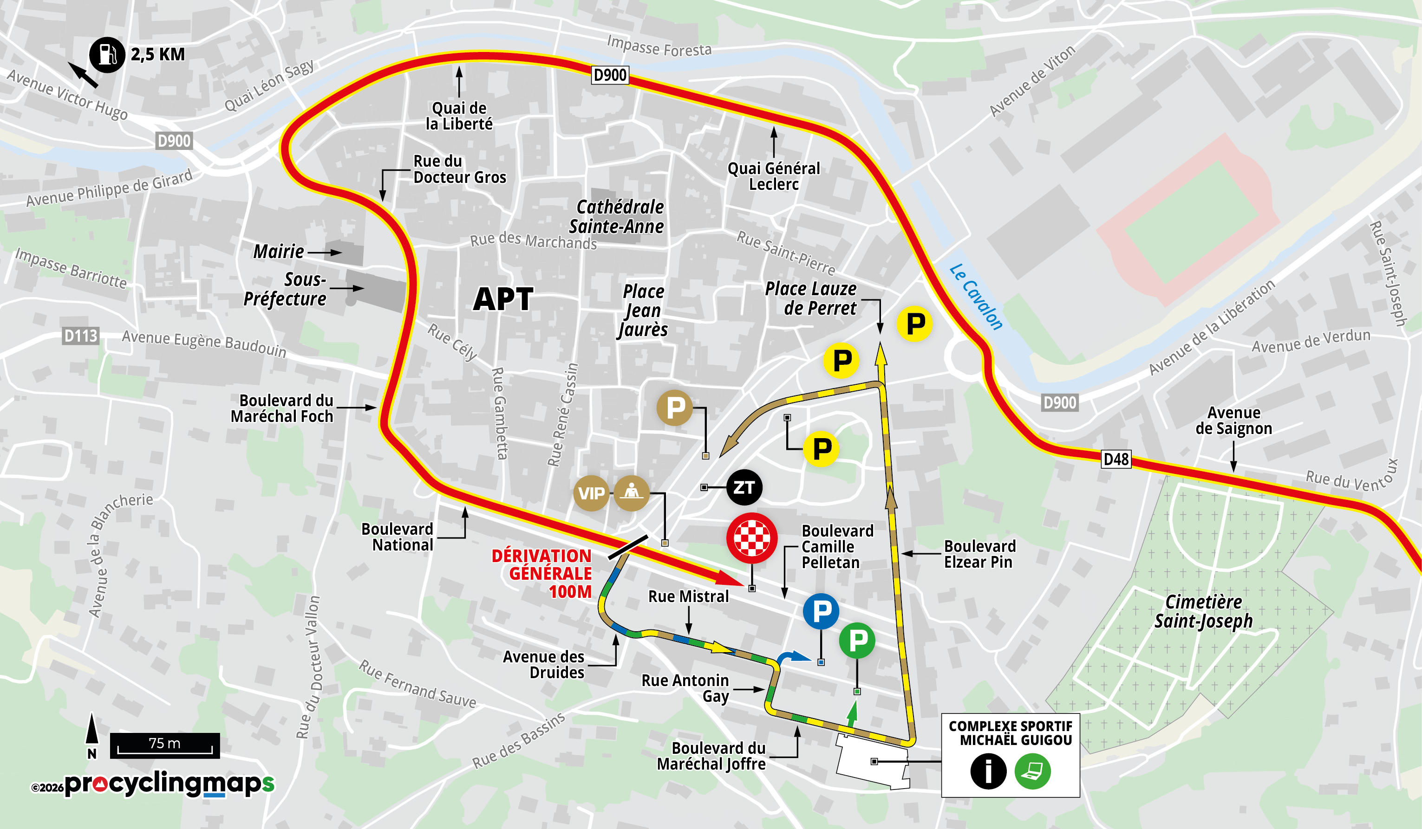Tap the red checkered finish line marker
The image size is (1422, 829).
point(751,538)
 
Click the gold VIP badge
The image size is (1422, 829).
point(591,493)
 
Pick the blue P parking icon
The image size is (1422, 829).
point(821,611)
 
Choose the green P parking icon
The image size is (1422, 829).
point(857,640)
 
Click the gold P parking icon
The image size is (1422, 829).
point(675,407)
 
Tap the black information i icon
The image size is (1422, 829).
point(988,771)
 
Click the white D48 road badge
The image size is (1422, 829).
point(1115,459)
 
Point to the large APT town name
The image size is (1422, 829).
point(503,299)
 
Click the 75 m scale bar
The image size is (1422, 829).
point(164,745)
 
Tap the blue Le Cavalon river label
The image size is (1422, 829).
point(976,297)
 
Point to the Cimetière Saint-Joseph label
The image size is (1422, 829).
point(1203,611)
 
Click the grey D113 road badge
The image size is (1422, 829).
point(81,336)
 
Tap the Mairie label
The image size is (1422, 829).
point(279,252)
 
